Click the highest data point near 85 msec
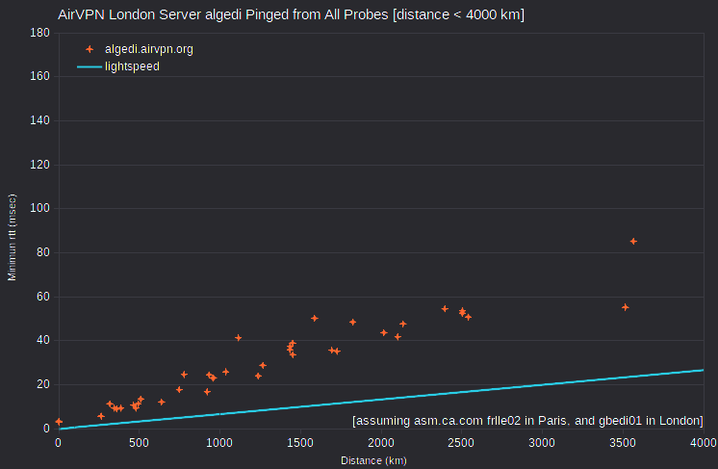pos(633,242)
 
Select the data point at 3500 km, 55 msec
pos(625,307)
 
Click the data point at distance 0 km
pos(59,422)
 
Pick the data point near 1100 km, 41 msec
pos(238,338)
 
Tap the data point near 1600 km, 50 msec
pos(314,319)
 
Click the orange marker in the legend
pos(90,49)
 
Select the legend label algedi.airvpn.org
pos(149,49)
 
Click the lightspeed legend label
pos(132,66)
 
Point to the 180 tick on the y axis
pos(39,33)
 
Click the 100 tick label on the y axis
pos(39,208)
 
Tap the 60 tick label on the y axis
pos(43,297)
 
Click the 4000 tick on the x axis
pos(704,443)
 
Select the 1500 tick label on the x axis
pos(300,443)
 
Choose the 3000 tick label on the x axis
pos(542,443)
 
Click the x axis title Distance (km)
pos(373,460)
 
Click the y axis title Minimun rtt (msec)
pos(12,237)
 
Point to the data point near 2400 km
pos(445,309)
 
